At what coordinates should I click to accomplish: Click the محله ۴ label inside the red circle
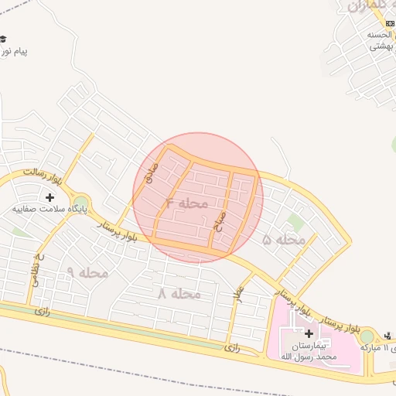click(187, 203)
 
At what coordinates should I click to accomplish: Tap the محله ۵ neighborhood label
click(284, 240)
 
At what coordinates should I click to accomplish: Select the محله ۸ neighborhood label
click(179, 294)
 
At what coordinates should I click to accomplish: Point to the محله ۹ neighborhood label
click(87, 272)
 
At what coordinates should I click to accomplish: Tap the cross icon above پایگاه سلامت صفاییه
click(50, 198)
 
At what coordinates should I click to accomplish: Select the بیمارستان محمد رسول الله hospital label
click(308, 350)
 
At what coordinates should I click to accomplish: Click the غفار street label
click(239, 293)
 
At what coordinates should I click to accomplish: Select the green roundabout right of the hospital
click(367, 337)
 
